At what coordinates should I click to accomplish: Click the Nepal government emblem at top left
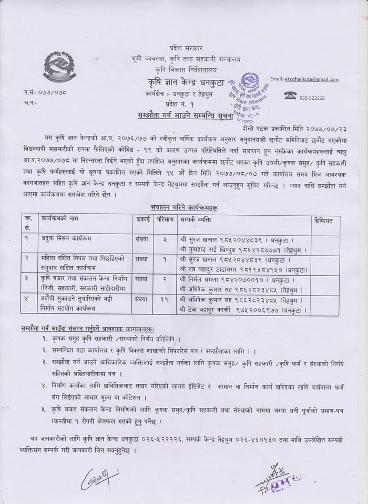pos(64,65)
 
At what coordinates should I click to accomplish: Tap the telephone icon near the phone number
pos(290,94)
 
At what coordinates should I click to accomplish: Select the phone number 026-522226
pos(312,98)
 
